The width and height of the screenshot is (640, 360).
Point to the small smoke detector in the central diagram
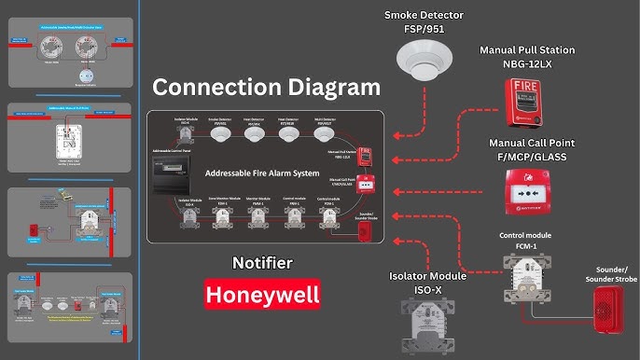(220, 135)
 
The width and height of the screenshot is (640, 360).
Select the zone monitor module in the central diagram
(223, 217)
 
